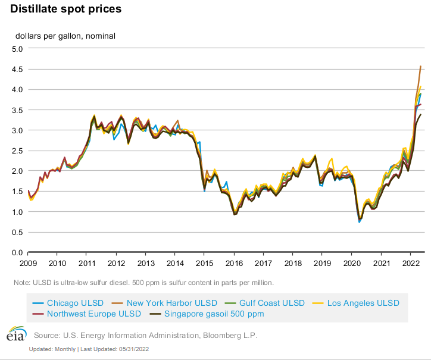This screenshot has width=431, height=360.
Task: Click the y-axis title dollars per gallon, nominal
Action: coord(65,36)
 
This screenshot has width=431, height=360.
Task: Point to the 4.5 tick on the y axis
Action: coord(17,69)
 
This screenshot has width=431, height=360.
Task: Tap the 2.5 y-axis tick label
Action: coord(17,151)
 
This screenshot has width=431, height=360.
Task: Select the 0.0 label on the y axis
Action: coord(17,252)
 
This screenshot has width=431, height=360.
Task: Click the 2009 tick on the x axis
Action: coord(28,262)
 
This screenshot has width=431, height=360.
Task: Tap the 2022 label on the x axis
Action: coord(409,262)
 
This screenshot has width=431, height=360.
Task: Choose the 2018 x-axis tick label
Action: coord(292,262)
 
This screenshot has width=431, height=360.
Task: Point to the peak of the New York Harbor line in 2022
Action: coord(421,66)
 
